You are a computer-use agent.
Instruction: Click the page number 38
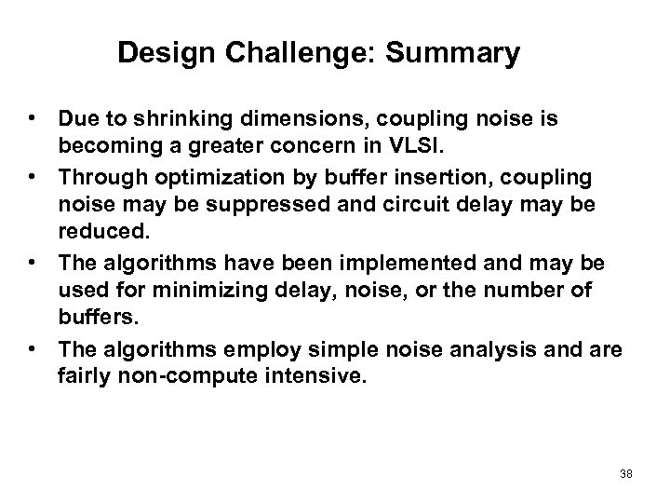pos(625,474)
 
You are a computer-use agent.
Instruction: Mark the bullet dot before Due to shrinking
pos(33,119)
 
